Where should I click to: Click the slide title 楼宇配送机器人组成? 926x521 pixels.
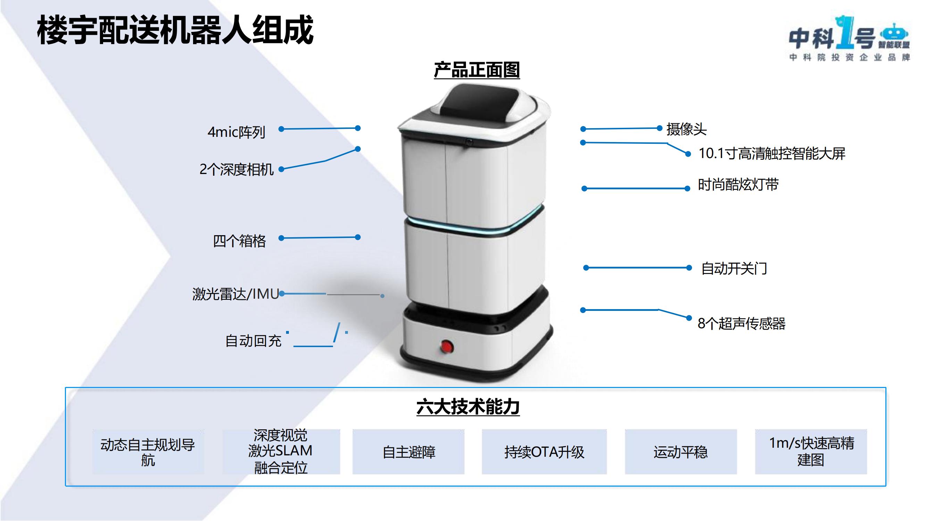(175, 31)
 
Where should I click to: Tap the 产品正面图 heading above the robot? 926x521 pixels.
(477, 70)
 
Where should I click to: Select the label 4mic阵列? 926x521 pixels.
(236, 132)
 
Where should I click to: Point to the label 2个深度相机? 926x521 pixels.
(236, 169)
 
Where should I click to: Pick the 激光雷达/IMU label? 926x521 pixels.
(235, 294)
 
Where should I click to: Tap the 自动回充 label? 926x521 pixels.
(253, 341)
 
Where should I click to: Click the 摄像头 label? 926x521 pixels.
(686, 129)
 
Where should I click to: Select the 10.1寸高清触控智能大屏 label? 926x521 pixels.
(771, 154)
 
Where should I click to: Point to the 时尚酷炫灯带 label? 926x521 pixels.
(738, 185)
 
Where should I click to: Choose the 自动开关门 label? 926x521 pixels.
(734, 268)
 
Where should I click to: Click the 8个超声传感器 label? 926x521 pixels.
(741, 324)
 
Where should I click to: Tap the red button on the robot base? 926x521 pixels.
(447, 347)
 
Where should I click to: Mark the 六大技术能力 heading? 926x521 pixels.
(468, 407)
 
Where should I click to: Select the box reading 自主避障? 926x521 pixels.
(408, 452)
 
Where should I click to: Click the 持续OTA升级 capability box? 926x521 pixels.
(544, 452)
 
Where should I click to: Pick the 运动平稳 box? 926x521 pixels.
(681, 452)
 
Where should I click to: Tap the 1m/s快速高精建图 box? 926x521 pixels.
(811, 452)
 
